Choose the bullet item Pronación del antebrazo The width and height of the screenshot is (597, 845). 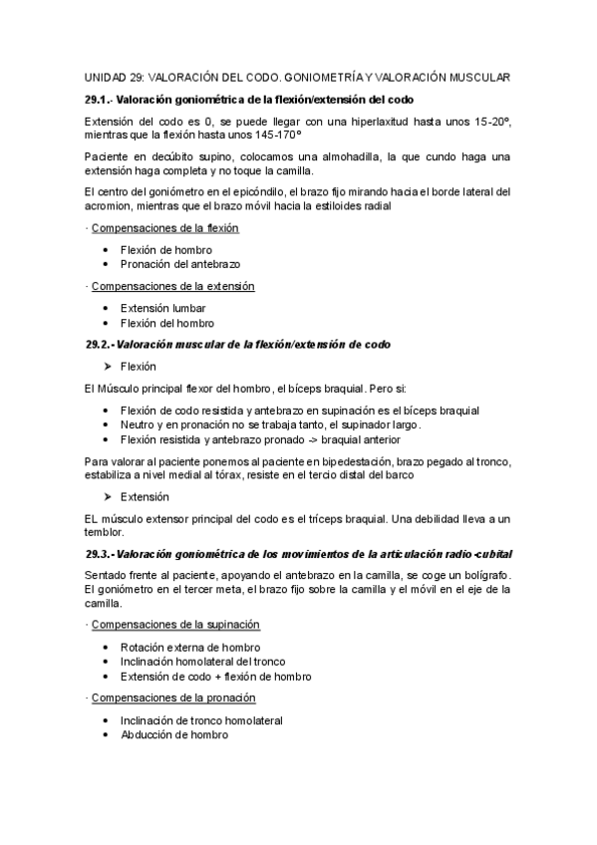pyautogui.click(x=179, y=264)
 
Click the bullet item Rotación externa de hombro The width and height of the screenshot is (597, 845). pyautogui.click(x=188, y=647)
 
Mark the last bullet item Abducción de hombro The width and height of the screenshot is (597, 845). pyautogui.click(x=173, y=734)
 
